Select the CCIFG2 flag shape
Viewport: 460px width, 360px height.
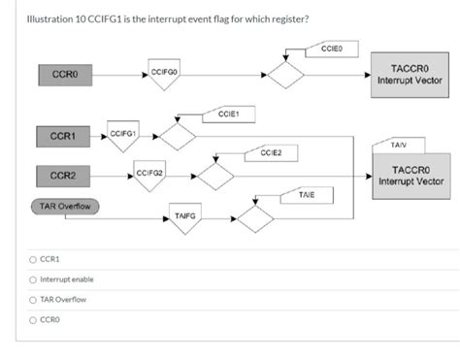tap(149, 175)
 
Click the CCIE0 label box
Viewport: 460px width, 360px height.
tap(331, 48)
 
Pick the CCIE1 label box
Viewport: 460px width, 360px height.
tap(229, 115)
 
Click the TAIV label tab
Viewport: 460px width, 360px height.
tap(398, 145)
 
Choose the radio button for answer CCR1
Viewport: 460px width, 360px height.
tap(34, 259)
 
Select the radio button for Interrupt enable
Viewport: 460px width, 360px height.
tap(34, 279)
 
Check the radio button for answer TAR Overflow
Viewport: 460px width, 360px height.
tap(34, 299)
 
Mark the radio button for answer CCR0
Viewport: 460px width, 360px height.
tap(34, 319)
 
